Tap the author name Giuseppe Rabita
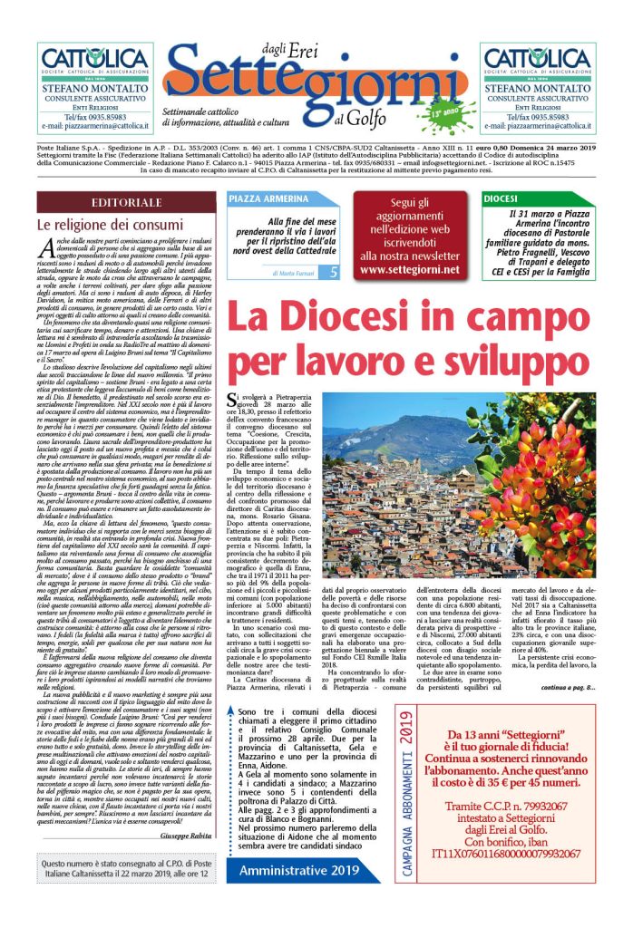(180, 835)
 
